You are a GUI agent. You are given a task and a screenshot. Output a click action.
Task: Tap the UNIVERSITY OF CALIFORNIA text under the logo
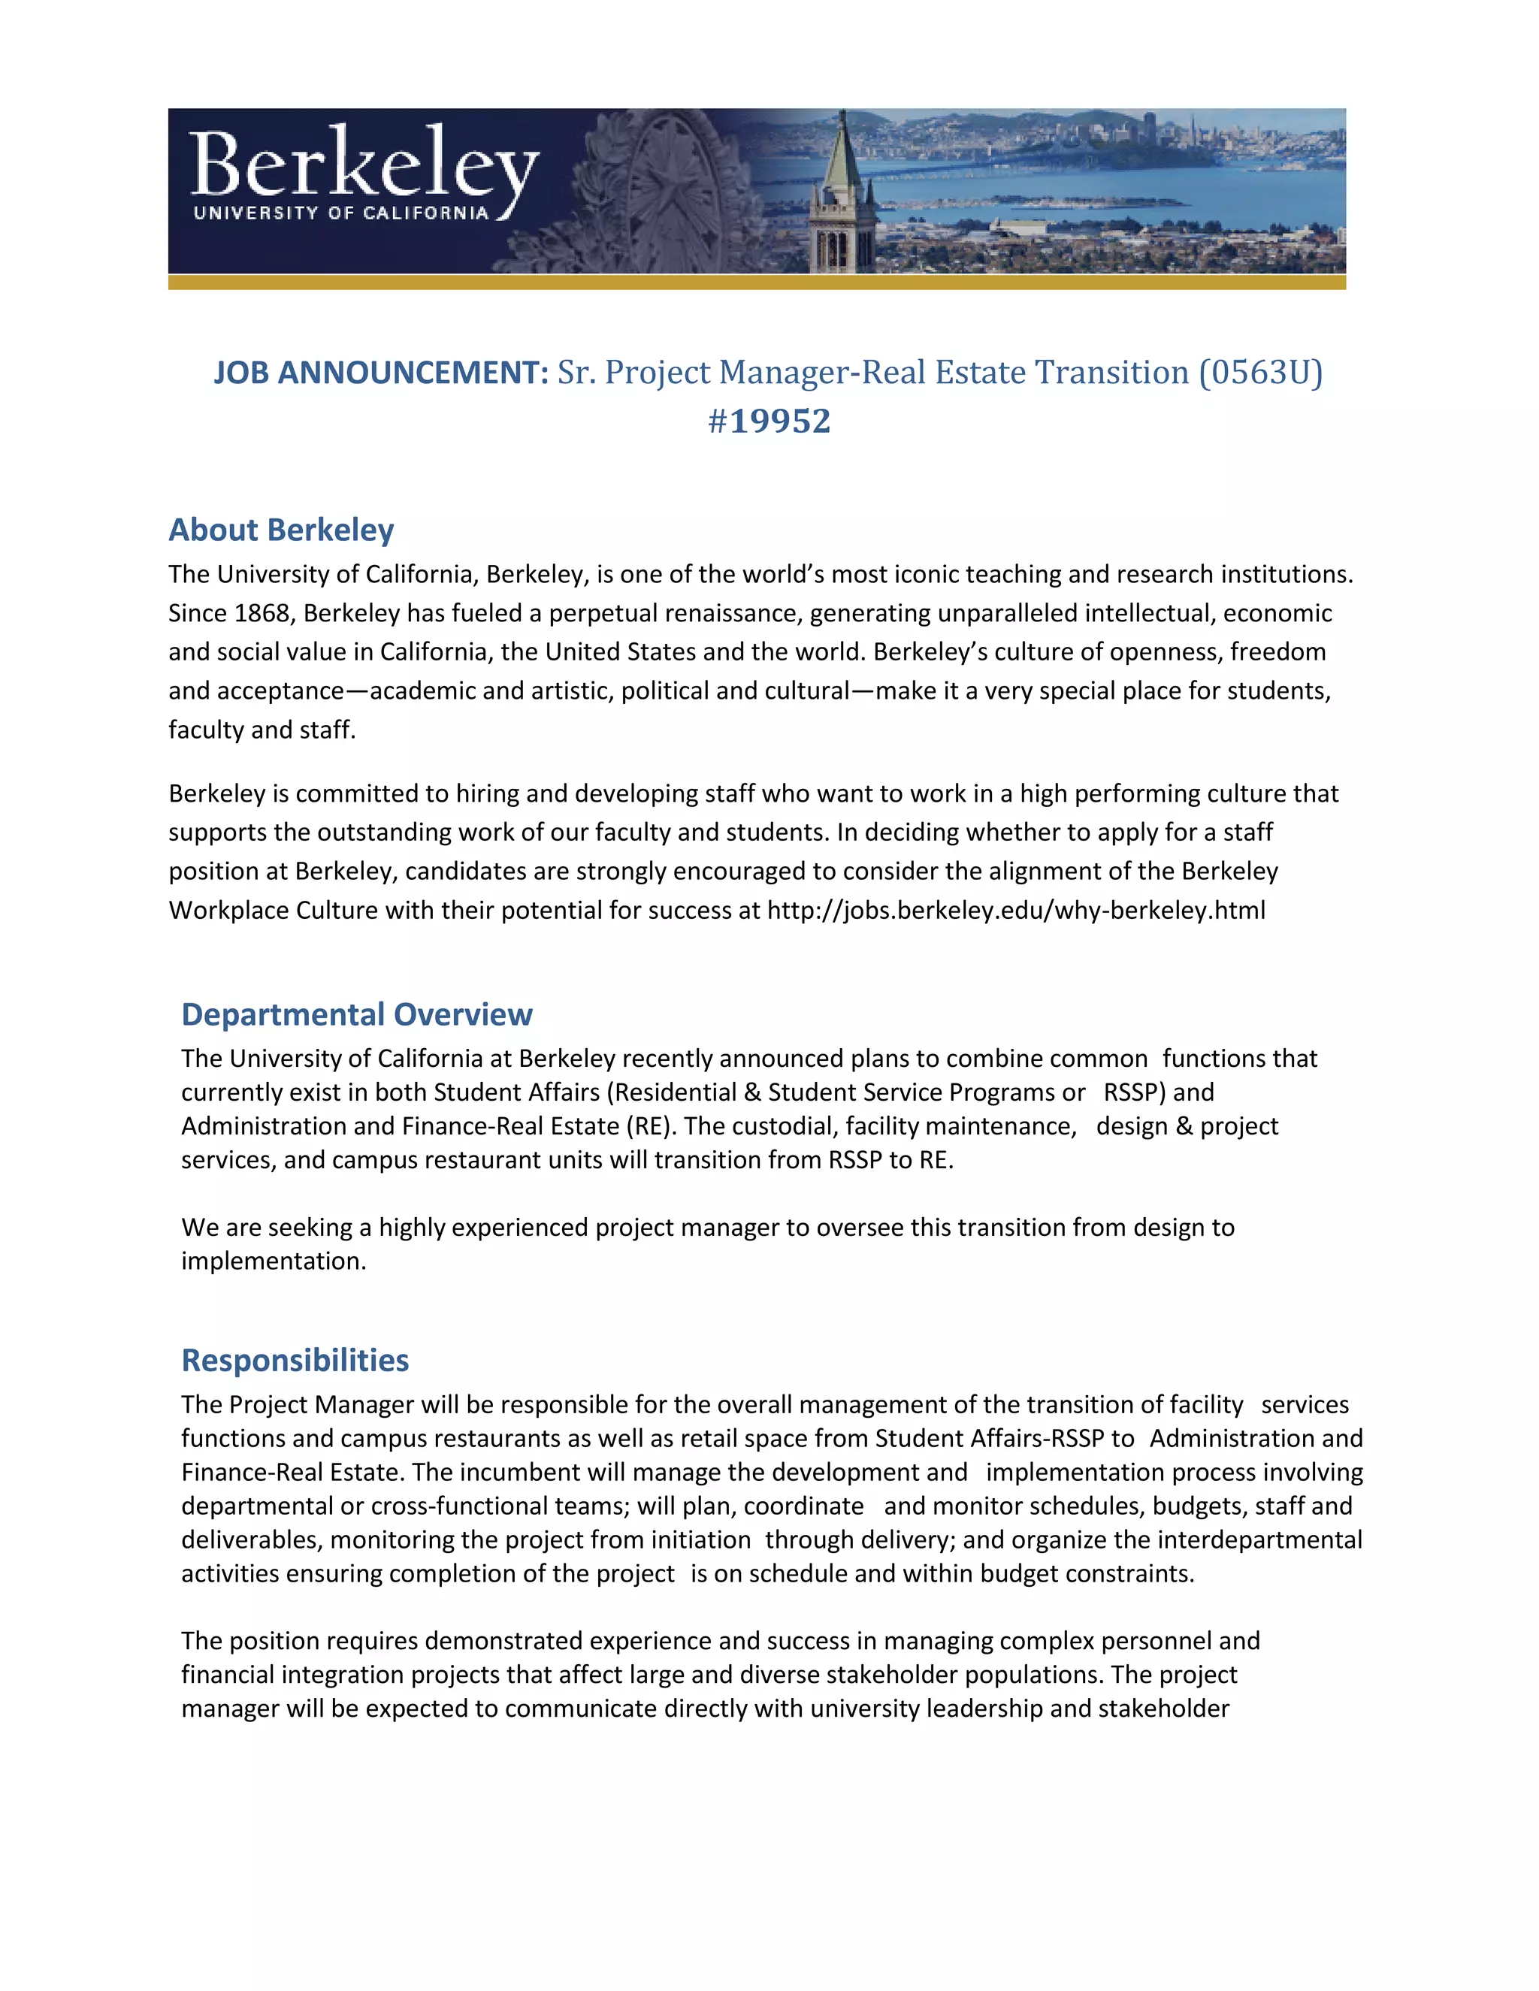pyautogui.click(x=341, y=213)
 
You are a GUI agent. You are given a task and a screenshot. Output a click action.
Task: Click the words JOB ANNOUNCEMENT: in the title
pyautogui.click(x=380, y=373)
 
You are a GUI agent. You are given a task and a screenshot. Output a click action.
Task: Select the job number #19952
pyautogui.click(x=769, y=421)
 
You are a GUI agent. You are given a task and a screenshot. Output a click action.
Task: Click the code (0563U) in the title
pyautogui.click(x=1260, y=373)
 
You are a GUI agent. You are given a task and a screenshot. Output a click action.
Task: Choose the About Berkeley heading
pyautogui.click(x=281, y=530)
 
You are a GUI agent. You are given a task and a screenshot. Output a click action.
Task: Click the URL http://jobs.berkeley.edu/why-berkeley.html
pyautogui.click(x=1016, y=911)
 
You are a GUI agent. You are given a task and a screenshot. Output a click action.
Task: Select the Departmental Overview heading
pyautogui.click(x=356, y=1014)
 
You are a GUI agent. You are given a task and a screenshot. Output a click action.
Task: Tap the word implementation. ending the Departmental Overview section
pyautogui.click(x=273, y=1261)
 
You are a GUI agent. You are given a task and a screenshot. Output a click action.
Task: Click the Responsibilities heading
pyautogui.click(x=295, y=1360)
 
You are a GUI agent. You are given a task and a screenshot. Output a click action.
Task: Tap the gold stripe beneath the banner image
pyautogui.click(x=757, y=282)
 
